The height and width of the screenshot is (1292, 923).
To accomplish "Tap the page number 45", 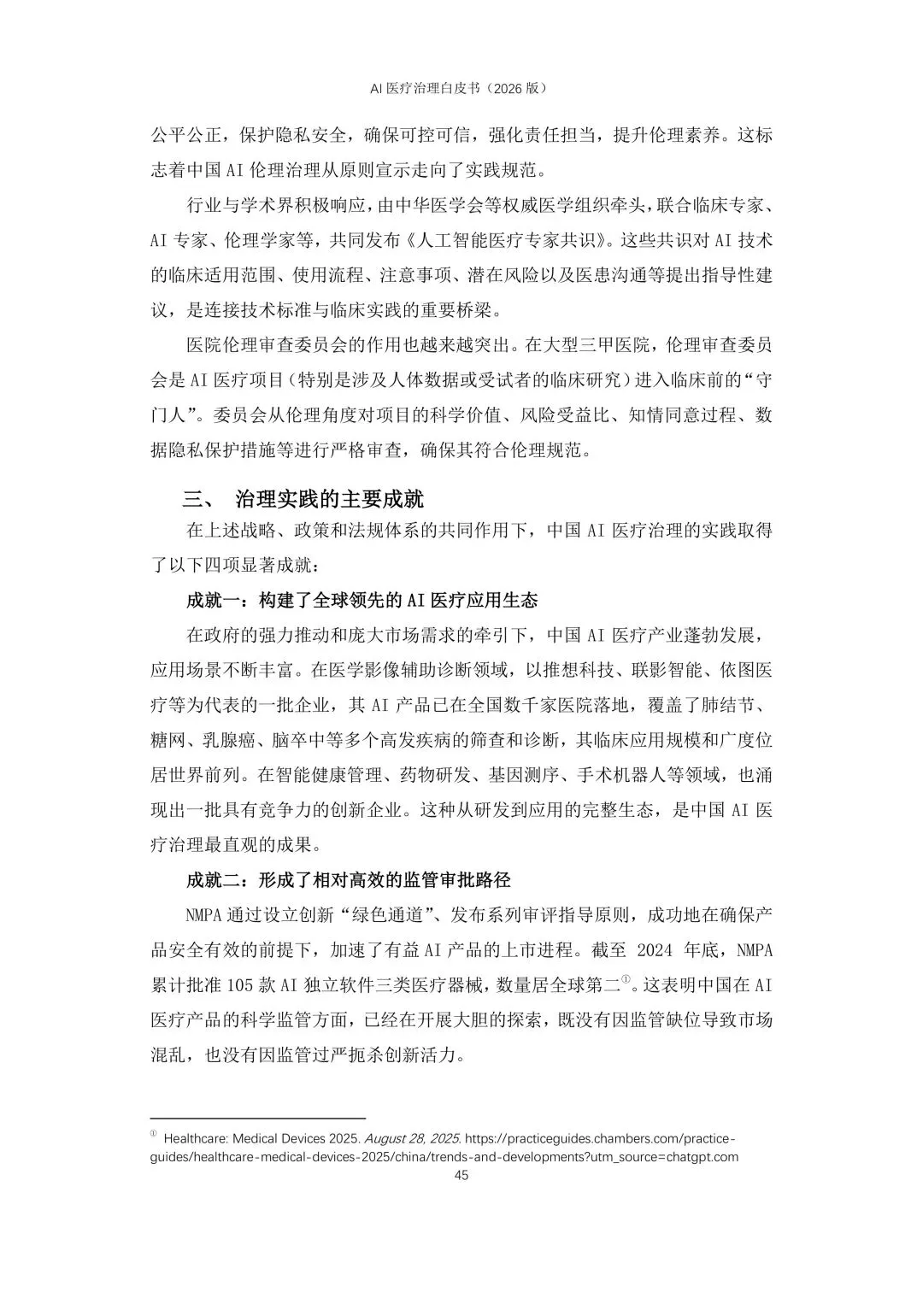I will [x=461, y=1175].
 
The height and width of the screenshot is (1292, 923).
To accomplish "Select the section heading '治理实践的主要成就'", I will [x=330, y=499].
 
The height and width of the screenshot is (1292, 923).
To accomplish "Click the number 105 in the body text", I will [x=241, y=984].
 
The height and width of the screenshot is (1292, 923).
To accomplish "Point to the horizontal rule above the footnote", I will [x=258, y=1117].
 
